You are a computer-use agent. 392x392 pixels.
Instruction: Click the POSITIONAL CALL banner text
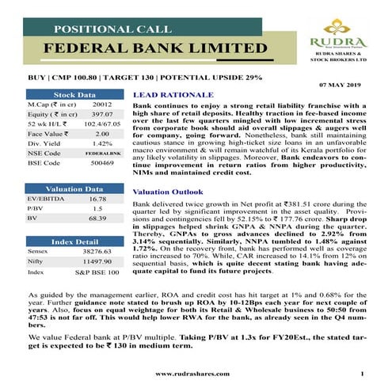(114, 29)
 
